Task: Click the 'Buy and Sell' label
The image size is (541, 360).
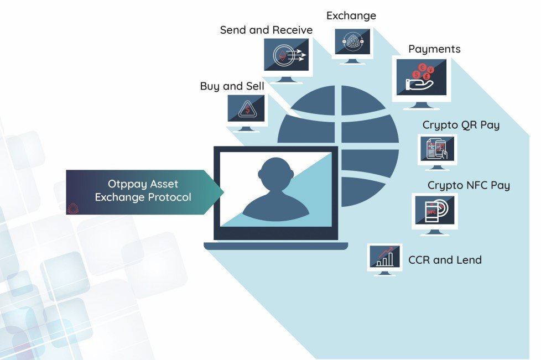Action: (x=232, y=86)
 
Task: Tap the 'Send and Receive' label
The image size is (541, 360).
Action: (x=266, y=30)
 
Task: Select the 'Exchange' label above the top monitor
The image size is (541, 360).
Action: (x=351, y=15)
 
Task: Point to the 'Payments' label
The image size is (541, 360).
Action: (x=434, y=49)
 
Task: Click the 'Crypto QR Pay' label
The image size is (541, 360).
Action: (x=461, y=125)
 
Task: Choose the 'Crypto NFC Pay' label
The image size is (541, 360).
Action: (x=469, y=185)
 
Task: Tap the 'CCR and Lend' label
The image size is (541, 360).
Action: (x=445, y=259)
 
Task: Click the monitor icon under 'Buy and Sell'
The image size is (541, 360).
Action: (x=247, y=110)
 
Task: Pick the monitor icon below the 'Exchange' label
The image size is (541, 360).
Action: (x=352, y=44)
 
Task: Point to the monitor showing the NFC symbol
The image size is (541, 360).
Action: (x=434, y=212)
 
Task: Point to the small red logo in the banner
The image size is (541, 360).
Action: (x=72, y=208)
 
